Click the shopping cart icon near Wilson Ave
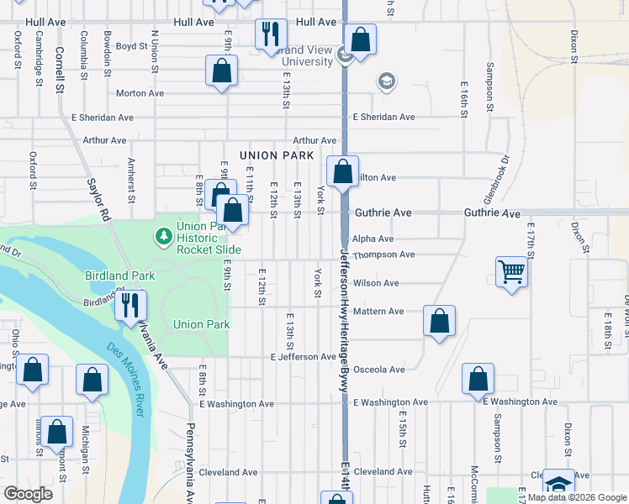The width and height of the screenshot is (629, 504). point(511,272)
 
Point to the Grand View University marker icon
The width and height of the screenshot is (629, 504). point(345,55)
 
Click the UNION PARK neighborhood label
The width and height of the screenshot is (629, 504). point(277,155)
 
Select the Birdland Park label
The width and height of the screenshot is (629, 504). point(119,276)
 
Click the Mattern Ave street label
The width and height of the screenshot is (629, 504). point(379,312)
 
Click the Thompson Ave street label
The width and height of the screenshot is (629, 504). point(383,255)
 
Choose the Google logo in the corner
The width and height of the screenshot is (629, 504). point(29,494)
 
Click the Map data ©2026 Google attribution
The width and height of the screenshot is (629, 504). point(578,497)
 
